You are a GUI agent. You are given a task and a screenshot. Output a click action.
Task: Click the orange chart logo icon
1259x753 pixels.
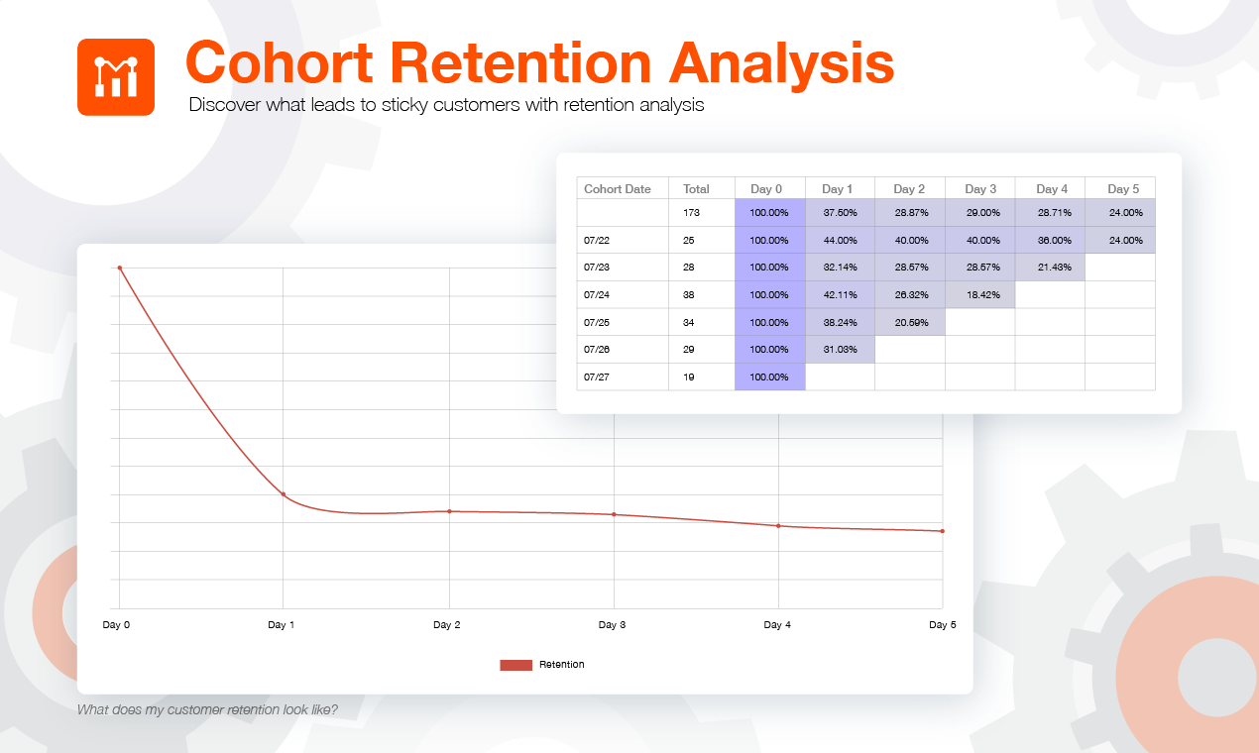click(116, 77)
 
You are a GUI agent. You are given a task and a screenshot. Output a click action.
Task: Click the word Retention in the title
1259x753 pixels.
click(520, 63)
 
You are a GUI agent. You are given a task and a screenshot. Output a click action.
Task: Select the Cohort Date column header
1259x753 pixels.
click(618, 189)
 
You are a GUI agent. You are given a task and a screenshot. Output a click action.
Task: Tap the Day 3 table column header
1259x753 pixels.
click(980, 189)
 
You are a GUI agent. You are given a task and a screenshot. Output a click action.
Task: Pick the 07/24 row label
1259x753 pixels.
click(597, 294)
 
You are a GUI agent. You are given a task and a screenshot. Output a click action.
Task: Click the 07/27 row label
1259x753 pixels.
click(597, 377)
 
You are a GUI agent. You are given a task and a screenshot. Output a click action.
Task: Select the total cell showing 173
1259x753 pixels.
click(691, 212)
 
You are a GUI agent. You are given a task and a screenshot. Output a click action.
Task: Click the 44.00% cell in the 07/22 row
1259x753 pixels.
click(841, 240)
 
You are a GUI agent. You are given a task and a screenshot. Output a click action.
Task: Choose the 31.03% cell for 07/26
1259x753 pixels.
click(841, 349)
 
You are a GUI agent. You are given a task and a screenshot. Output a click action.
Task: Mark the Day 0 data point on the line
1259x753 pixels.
click(120, 269)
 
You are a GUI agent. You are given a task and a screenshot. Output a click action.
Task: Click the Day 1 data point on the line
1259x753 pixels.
click(284, 494)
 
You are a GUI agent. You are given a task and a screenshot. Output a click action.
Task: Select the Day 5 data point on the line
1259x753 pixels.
click(943, 531)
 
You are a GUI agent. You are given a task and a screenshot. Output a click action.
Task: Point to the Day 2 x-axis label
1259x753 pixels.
click(447, 625)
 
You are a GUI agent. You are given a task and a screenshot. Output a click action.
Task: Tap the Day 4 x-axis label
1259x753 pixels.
click(777, 625)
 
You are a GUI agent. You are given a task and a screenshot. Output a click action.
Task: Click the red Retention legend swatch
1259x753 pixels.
click(515, 665)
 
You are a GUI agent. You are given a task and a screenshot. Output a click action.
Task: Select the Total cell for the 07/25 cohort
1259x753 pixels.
click(689, 322)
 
